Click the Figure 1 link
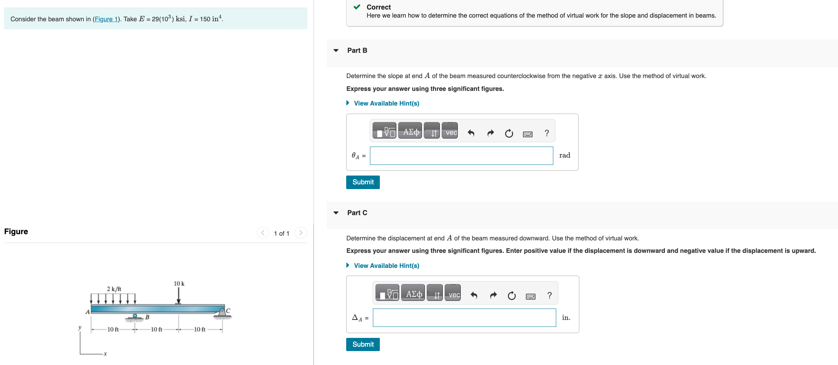(x=106, y=19)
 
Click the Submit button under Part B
(x=363, y=182)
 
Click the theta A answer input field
(x=461, y=156)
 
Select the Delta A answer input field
(x=464, y=318)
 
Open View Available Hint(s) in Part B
(x=386, y=103)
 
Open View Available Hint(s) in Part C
(x=386, y=266)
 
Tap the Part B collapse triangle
(x=336, y=51)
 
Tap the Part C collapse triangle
(x=336, y=213)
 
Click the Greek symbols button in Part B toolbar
(x=411, y=132)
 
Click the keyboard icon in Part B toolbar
(x=528, y=134)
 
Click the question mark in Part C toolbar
(x=549, y=295)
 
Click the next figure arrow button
(x=301, y=233)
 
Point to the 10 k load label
(x=179, y=284)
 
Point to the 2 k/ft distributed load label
(x=114, y=289)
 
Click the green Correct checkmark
(x=357, y=7)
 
